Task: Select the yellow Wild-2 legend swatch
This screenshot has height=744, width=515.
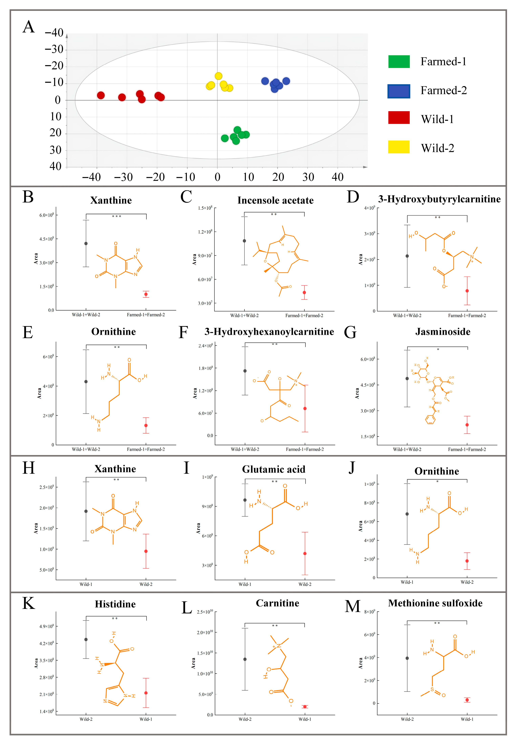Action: coord(399,147)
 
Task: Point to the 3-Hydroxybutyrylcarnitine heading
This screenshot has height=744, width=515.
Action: coord(439,199)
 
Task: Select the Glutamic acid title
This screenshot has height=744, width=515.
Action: coord(274,469)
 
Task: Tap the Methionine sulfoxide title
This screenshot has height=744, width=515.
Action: coord(435,603)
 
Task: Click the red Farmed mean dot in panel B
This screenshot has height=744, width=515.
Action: coord(146,294)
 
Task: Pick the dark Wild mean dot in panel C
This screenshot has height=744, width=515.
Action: coord(244,241)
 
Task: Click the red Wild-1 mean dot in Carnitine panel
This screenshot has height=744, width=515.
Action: coord(305,707)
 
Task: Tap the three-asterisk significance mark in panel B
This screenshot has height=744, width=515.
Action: coord(116,216)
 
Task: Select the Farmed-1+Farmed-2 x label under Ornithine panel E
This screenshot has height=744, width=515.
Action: coord(146,449)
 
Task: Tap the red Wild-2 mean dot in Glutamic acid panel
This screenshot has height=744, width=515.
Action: coord(305,554)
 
